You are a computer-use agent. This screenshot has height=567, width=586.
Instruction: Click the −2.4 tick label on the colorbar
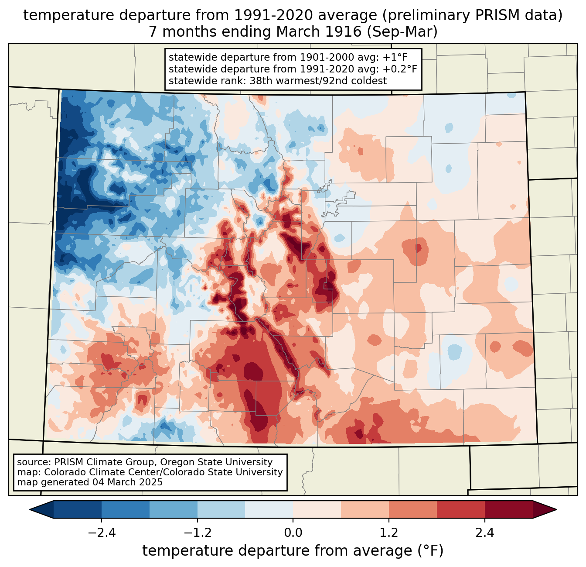pos(102,533)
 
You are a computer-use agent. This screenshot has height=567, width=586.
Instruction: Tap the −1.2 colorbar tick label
pos(198,533)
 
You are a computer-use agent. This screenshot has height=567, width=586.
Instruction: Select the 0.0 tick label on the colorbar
pos(293,533)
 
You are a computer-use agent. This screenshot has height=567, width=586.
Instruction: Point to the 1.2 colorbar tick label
pos(389,533)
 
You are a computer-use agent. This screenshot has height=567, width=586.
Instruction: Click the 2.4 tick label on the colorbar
pos(484,533)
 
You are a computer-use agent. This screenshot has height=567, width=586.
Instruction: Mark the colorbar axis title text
pos(293,551)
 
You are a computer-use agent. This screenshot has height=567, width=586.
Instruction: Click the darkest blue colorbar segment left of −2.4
pos(78,509)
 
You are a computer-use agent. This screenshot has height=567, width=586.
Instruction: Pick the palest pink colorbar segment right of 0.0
pos(317,509)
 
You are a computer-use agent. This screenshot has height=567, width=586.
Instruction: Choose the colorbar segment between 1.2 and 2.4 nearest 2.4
pos(460,509)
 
